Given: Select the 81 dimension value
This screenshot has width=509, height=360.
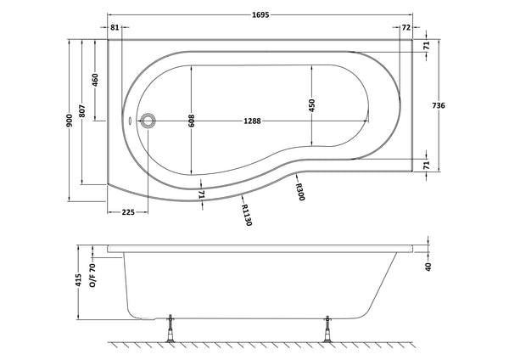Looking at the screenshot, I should click(x=115, y=28).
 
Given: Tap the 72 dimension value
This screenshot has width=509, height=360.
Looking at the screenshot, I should click(x=406, y=28).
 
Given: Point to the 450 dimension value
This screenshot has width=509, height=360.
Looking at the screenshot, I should click(x=311, y=106).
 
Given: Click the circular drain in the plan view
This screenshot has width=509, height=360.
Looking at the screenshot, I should click(x=148, y=121).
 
